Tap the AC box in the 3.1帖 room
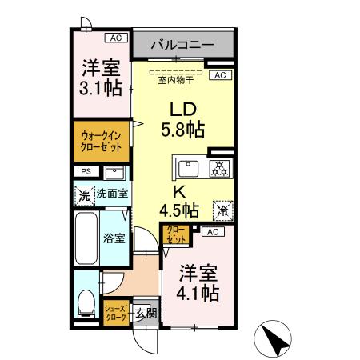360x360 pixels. click(116, 37)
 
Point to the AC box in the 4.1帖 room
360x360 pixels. click(214, 232)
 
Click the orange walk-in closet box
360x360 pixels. click(101, 141)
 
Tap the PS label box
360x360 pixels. click(85, 172)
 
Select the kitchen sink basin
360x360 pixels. click(188, 168)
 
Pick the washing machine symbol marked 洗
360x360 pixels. click(85, 194)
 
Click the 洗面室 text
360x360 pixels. click(113, 194)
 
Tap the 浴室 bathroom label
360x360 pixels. click(114, 238)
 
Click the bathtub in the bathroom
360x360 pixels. click(85, 238)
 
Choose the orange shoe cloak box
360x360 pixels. click(114, 312)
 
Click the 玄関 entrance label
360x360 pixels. click(144, 313)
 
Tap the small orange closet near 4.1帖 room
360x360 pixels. click(175, 234)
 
